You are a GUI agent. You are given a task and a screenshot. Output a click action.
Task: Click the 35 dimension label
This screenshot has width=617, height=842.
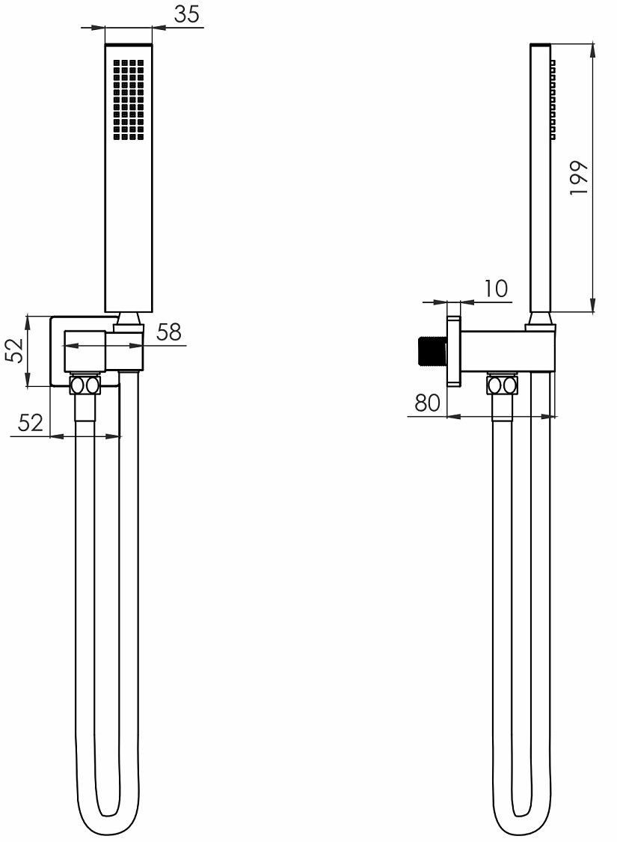pos(186,14)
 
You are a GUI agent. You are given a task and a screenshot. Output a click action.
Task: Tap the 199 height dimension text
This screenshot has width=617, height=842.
pos(580,177)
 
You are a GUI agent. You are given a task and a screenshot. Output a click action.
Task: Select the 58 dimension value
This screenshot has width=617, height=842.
pos(169,332)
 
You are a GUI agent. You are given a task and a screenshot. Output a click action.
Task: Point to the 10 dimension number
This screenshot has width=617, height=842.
pos(496,289)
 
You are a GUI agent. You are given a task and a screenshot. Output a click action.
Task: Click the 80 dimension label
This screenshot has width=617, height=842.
pos(427,402)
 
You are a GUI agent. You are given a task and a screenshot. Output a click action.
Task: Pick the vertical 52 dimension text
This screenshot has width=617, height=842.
pos(16,351)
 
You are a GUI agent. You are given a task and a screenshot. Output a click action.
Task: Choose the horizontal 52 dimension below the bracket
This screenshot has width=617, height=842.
pos(31,423)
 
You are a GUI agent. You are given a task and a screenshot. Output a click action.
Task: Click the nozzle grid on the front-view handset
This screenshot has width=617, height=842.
pos(129,100)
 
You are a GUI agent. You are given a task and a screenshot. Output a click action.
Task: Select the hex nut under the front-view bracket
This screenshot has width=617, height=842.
pos(85,385)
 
